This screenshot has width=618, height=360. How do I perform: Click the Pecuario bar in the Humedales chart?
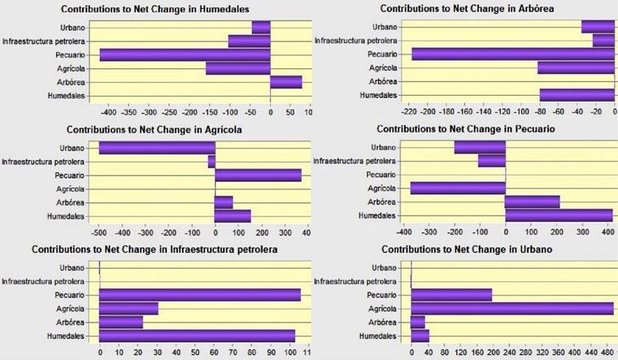pyautogui.click(x=185, y=54)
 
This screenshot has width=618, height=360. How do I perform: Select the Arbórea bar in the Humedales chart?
pyautogui.click(x=285, y=82)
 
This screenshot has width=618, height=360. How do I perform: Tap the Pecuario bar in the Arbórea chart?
pyautogui.click(x=513, y=54)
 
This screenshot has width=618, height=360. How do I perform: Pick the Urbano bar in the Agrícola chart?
pyautogui.click(x=157, y=148)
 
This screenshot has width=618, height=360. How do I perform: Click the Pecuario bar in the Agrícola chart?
pyautogui.click(x=258, y=175)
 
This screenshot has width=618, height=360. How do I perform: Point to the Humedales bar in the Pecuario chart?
pyautogui.click(x=558, y=215)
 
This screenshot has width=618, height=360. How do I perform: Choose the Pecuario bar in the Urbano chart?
pyautogui.click(x=451, y=294)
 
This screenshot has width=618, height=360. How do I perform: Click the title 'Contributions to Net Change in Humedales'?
pyautogui.click(x=155, y=9)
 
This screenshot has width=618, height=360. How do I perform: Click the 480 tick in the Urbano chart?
pyautogui.click(x=607, y=354)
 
